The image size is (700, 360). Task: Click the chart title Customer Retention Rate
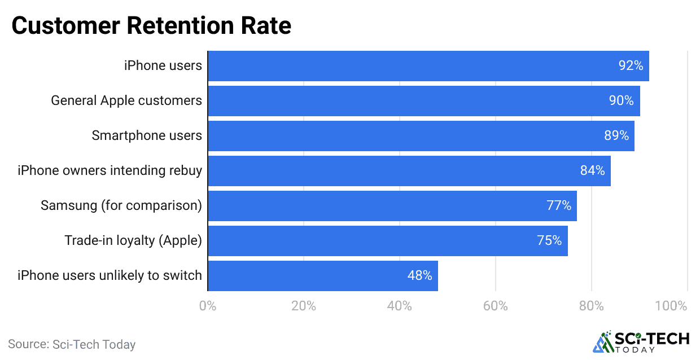pos(151,26)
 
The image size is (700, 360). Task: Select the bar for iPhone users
pos(428,66)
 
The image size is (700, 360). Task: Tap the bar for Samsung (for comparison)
pos(392,206)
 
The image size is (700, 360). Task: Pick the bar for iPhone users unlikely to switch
pos(322,276)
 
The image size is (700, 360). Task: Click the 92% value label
pos(631,66)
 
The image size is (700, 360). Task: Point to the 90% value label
pos(621,101)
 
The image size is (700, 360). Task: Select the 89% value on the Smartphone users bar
pos(616,136)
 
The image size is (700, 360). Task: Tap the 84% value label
pos(592,171)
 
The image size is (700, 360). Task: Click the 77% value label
pos(559,206)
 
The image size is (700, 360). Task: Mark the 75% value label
pos(549,241)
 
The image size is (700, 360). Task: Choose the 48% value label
pos(419,276)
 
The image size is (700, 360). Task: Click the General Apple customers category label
pos(126,101)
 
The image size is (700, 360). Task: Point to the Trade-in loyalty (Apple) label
pos(133,241)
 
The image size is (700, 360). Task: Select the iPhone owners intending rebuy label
pos(110,171)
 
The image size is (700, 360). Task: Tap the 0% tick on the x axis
pos(208,306)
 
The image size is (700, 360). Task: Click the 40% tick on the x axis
pos(400,306)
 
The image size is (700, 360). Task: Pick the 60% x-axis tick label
pos(496,306)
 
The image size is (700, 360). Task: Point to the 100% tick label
pos(671,306)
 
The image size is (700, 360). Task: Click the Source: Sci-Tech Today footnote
pos(72,344)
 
